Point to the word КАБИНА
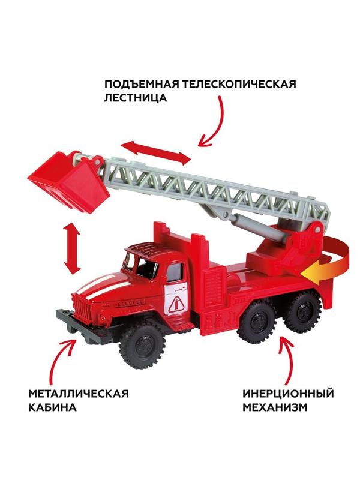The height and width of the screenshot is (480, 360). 52,408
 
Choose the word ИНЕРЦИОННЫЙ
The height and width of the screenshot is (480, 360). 287,394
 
